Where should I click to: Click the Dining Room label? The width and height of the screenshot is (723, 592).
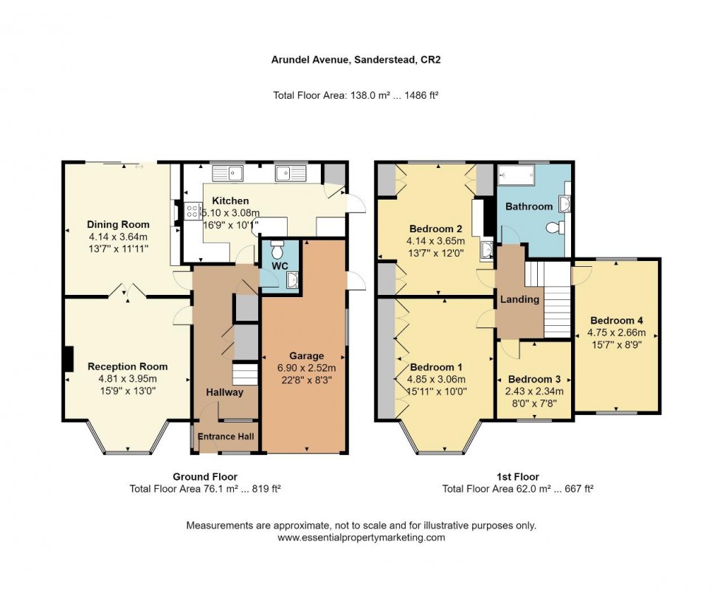(118, 225)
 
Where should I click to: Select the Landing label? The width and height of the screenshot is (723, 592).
(520, 299)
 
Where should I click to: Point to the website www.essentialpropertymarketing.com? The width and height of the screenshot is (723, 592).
(361, 537)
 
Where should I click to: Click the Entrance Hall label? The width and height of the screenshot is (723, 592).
(225, 437)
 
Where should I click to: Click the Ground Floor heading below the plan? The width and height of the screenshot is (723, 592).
(205, 477)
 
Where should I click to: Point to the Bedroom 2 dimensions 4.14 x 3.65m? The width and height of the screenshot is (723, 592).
(435, 241)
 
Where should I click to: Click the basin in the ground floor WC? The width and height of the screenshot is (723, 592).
(293, 279)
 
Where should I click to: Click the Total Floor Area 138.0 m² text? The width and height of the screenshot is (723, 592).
(361, 95)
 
